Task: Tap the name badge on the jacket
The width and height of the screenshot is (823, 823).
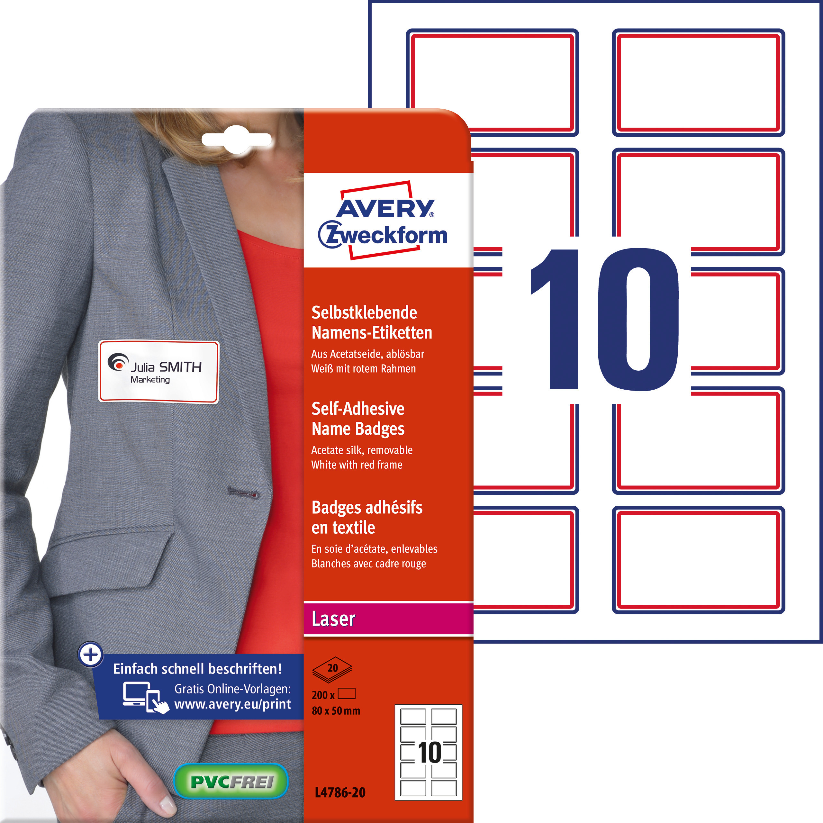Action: click(x=158, y=371)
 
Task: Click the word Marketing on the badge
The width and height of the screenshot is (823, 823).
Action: click(x=150, y=380)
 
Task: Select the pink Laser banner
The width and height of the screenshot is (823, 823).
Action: click(x=388, y=619)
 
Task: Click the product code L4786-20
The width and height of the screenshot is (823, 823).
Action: click(x=340, y=792)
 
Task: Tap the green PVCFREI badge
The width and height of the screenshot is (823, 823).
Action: click(x=231, y=781)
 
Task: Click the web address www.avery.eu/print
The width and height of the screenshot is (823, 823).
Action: click(x=232, y=704)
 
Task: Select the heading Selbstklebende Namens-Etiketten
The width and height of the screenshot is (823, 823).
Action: click(x=371, y=322)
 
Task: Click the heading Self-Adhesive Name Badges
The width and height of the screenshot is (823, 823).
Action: click(x=358, y=419)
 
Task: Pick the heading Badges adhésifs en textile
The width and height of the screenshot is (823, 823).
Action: click(x=367, y=518)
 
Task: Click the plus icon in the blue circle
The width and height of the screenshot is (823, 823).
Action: click(x=91, y=654)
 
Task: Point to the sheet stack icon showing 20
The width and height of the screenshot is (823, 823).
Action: click(x=332, y=668)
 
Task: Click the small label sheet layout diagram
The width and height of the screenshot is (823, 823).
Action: click(x=428, y=752)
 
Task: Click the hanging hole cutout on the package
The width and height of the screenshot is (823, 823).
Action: click(x=236, y=139)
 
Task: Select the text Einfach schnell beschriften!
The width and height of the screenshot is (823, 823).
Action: click(x=197, y=669)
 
